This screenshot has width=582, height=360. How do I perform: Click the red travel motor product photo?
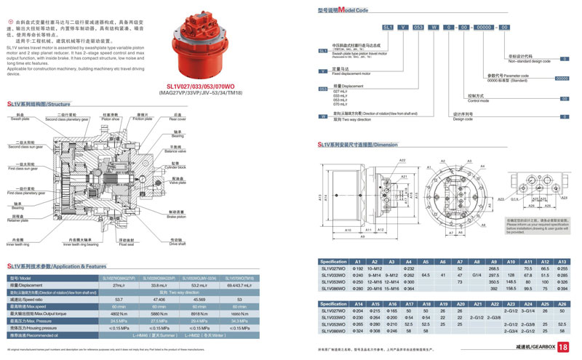(207, 40)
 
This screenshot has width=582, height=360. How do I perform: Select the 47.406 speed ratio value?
(158, 299)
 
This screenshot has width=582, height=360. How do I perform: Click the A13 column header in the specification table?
(562, 261)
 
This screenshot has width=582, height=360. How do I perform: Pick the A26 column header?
(562, 303)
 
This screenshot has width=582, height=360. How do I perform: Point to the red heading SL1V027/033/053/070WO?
(206, 84)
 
